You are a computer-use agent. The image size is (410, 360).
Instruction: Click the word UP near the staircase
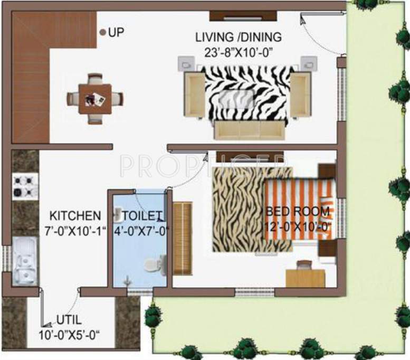tap(116, 32)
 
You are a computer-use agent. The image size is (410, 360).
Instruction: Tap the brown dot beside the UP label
tap(103, 32)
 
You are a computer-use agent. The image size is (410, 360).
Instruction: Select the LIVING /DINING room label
tap(239, 37)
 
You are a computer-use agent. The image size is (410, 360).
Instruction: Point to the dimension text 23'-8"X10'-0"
tap(239, 52)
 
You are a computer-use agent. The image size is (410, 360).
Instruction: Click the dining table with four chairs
tap(95, 98)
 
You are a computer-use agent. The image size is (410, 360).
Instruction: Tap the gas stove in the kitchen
tap(24, 186)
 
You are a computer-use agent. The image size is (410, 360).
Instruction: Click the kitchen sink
tap(24, 261)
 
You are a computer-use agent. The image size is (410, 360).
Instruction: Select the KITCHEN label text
tap(75, 215)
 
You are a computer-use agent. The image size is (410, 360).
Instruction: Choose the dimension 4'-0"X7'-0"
tap(139, 230)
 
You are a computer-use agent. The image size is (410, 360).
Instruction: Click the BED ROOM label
tap(298, 212)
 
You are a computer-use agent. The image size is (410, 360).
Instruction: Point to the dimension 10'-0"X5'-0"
tap(69, 334)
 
